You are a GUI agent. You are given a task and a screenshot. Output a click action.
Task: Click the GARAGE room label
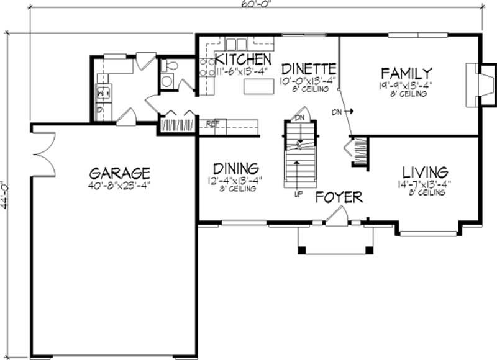point(119,172)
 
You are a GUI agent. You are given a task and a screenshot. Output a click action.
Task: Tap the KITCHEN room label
point(242,60)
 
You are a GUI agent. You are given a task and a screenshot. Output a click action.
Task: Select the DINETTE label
point(309,68)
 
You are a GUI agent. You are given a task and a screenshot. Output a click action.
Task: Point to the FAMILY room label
point(406,71)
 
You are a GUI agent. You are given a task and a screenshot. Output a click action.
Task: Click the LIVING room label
point(425,171)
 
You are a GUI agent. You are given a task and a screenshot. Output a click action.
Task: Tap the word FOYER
point(339,197)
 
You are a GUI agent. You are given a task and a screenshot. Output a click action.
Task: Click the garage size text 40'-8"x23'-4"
point(119,185)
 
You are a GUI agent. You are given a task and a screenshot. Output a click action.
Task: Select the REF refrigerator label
point(212,124)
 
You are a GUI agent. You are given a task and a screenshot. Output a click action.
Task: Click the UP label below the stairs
point(299,194)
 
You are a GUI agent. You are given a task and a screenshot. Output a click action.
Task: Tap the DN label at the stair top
point(299,117)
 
